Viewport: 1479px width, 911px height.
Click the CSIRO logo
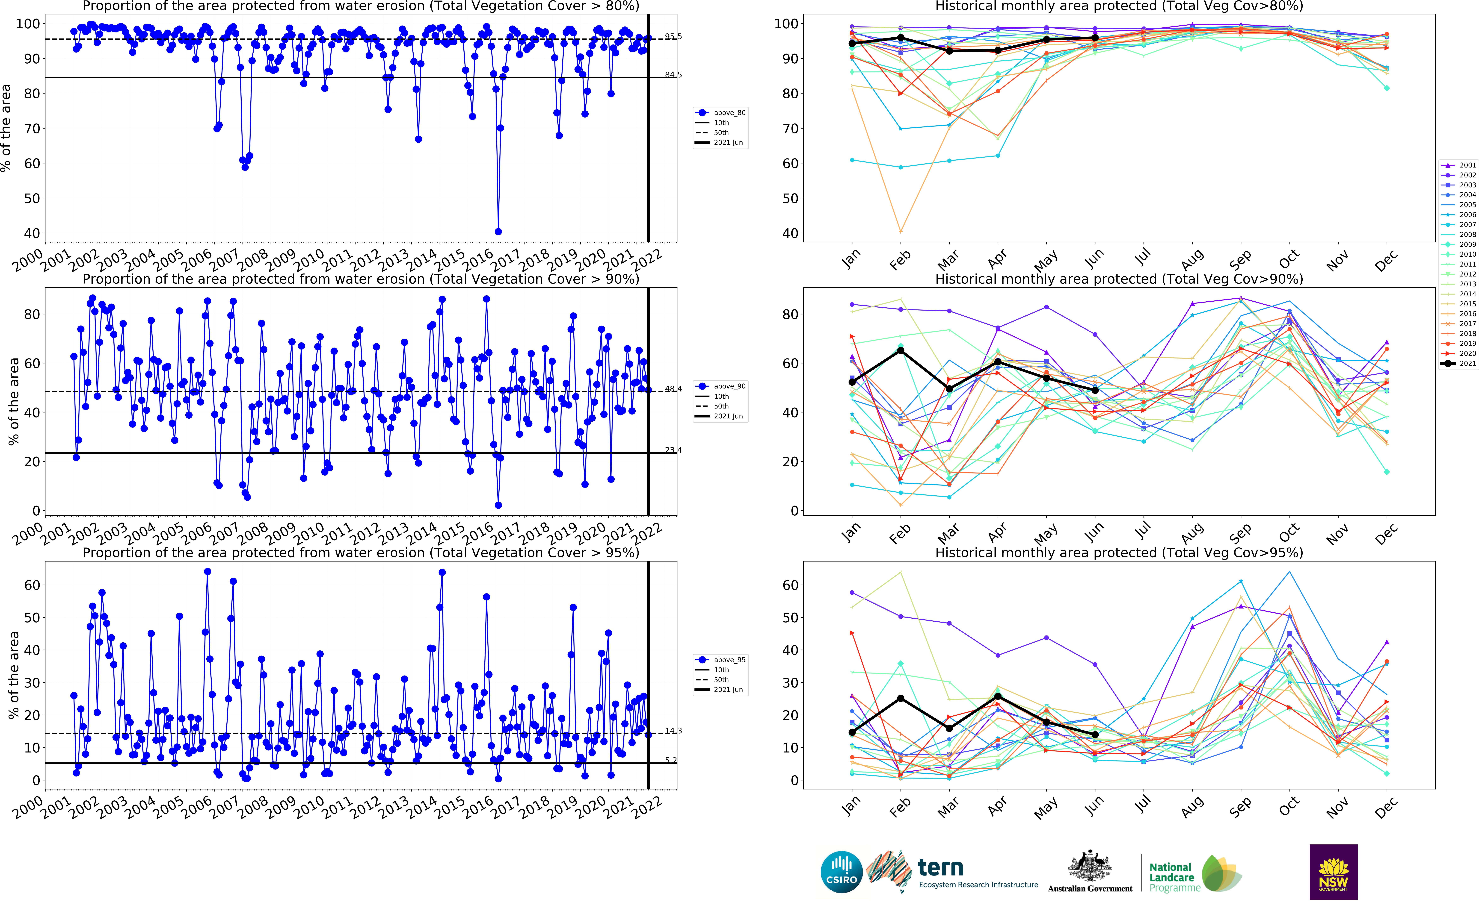pos(841,872)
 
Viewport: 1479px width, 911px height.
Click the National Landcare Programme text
pos(1171,877)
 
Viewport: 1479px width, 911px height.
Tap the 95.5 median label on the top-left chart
pos(673,37)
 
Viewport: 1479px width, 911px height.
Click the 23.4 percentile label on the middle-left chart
pos(673,450)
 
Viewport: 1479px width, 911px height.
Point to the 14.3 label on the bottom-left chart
pos(673,731)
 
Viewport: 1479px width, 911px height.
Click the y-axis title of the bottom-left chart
pos(13,675)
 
